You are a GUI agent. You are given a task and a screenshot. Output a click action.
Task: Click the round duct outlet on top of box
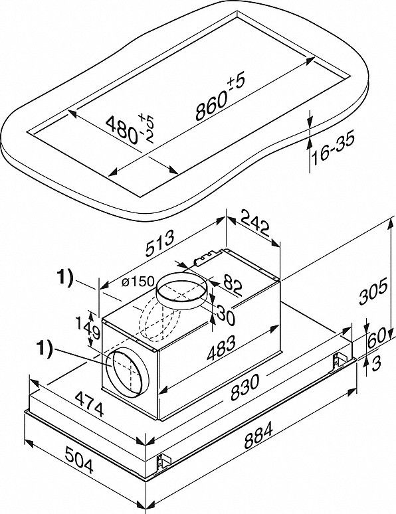(181, 292)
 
